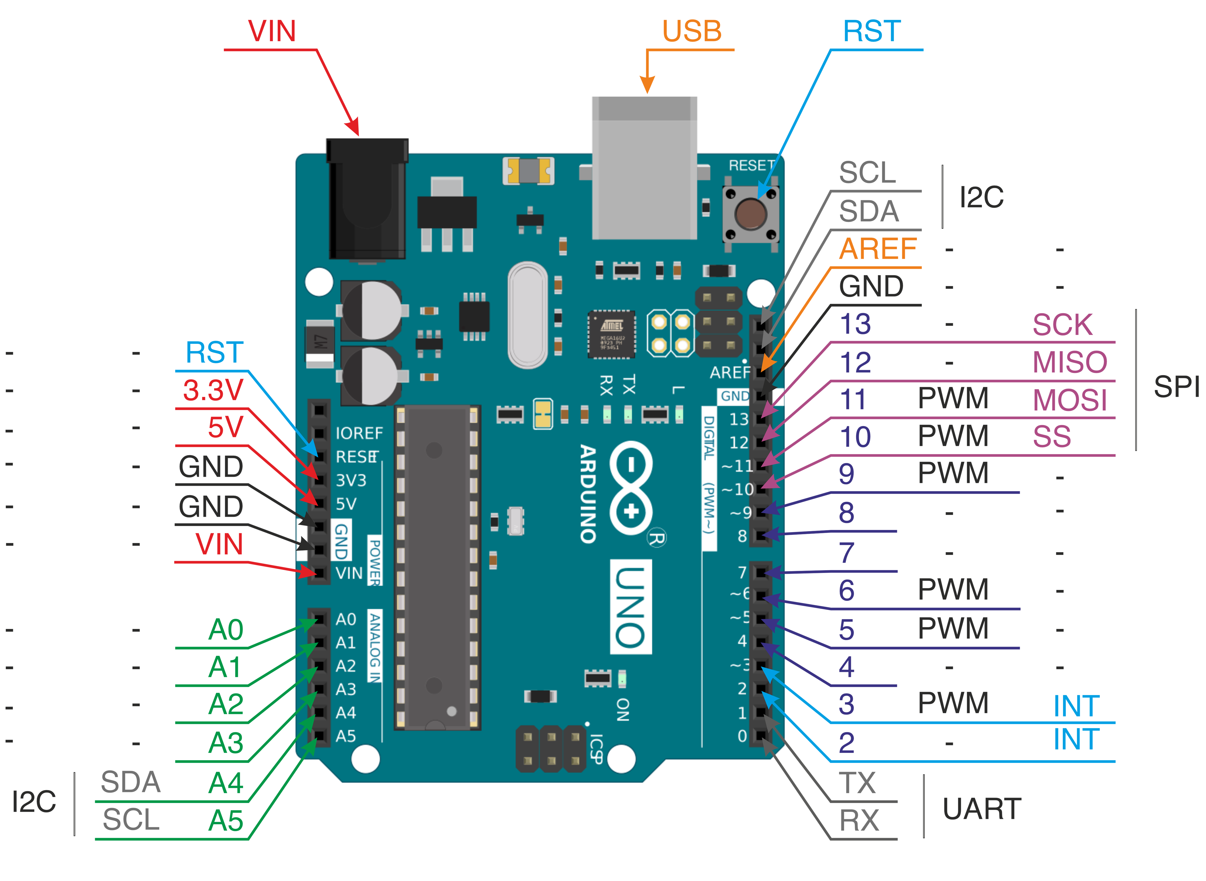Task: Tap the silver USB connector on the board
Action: click(644, 168)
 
